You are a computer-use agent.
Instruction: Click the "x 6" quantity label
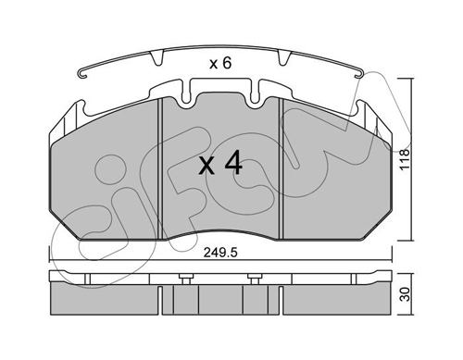220,64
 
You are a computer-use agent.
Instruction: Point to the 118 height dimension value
404,159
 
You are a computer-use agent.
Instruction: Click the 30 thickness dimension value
405,294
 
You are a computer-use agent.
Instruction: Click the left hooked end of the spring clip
82,75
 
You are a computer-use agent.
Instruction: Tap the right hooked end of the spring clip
359,75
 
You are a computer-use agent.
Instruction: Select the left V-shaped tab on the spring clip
156,58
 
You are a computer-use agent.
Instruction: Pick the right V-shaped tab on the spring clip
284,58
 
